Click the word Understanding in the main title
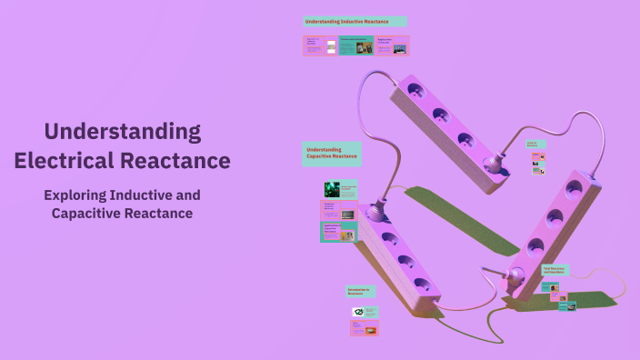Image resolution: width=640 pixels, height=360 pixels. [x=123, y=132]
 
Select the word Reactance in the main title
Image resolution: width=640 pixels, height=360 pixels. [x=175, y=162]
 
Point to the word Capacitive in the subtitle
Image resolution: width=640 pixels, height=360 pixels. [x=85, y=213]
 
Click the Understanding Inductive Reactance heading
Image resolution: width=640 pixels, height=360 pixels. [x=355, y=21]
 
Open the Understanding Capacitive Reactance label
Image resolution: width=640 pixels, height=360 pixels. [x=331, y=154]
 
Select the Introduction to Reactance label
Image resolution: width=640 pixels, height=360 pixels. [x=361, y=291]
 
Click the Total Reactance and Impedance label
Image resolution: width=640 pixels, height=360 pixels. [x=555, y=270]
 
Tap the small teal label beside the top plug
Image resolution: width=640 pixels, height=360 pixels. [x=535, y=144]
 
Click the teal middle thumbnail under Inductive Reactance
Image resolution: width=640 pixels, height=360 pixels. [x=355, y=45]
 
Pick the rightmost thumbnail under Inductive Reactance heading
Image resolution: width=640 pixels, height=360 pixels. [x=392, y=45]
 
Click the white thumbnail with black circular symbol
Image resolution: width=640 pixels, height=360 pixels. [x=359, y=313]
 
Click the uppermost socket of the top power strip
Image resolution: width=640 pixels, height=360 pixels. [x=415, y=91]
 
